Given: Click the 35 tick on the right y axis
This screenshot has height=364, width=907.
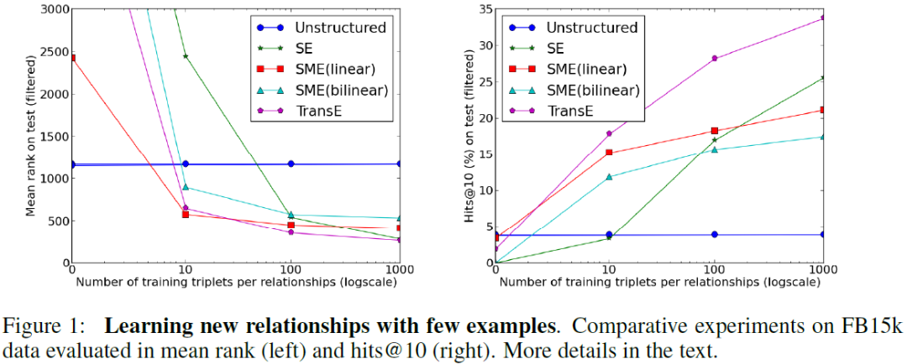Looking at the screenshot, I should (x=485, y=9).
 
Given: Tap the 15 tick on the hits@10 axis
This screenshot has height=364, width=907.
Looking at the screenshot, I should (x=485, y=154).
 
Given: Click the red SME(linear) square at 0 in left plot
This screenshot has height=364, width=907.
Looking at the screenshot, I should (x=72, y=58).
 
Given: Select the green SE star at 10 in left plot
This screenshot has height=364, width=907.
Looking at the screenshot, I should (x=185, y=56).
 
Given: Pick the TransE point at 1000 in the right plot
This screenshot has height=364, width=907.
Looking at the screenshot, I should (x=824, y=17).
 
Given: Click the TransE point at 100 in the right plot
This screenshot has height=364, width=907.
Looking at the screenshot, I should (x=715, y=59).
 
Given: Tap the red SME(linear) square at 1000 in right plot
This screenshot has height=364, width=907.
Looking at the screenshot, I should (x=824, y=110).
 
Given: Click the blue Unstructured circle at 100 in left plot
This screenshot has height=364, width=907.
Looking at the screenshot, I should (x=291, y=164).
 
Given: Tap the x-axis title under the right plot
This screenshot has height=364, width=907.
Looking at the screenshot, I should (x=660, y=281).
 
